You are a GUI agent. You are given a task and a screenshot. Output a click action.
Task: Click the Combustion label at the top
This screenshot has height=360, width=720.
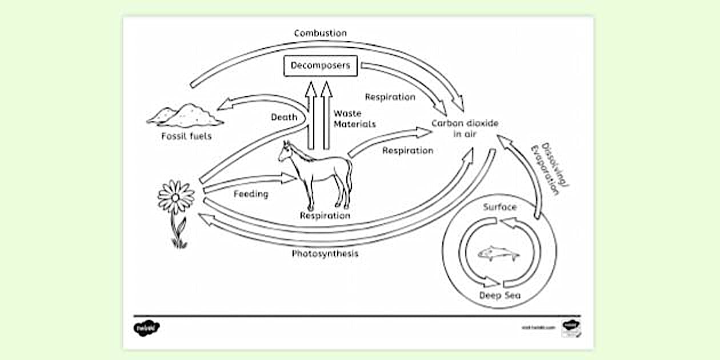coord(320,33)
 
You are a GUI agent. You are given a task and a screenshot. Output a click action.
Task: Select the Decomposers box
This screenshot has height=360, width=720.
coord(321,66)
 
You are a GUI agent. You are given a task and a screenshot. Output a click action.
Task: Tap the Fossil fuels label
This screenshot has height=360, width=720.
coord(186,136)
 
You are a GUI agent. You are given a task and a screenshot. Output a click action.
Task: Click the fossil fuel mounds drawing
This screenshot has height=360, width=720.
coord(185,115)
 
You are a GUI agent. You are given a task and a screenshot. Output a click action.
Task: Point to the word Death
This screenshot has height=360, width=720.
coord(284,117)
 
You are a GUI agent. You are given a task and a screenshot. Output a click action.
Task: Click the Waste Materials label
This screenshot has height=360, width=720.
coord(354,119)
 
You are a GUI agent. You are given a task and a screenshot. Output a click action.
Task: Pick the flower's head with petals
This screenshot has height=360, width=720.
coord(175,197)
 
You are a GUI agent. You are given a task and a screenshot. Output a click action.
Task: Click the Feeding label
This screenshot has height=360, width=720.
coord(251,194)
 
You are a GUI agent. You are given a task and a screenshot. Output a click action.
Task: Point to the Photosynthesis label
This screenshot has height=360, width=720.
coord(325,254)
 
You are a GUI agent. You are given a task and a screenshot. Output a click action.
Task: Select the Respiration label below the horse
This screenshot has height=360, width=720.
coord(325,215)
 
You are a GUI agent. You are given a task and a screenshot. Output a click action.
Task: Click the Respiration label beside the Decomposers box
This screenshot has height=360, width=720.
coord(390,97)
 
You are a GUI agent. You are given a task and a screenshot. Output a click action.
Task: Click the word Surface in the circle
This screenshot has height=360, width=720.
coord(499,207)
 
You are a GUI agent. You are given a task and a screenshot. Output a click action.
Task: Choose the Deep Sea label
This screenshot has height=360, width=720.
coord(500,295)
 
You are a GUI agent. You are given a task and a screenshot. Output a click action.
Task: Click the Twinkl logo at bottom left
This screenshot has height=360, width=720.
coord(147,328)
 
